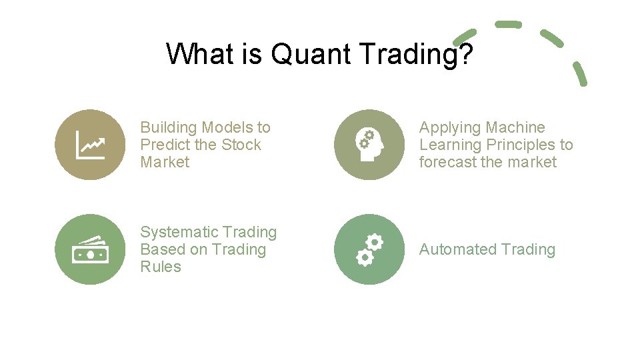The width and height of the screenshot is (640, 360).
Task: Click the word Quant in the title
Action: (x=309, y=54)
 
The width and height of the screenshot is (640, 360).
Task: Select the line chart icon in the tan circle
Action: (x=89, y=145)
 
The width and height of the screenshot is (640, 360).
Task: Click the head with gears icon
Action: (x=369, y=145)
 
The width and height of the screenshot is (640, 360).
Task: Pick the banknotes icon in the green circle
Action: (x=89, y=249)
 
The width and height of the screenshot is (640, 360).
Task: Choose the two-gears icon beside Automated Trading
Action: (x=369, y=249)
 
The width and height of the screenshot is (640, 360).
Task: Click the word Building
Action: (x=168, y=127)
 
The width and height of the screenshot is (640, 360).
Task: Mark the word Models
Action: (x=227, y=127)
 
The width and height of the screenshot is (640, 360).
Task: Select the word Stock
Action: (x=241, y=145)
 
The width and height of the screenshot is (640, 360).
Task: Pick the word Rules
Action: (x=161, y=267)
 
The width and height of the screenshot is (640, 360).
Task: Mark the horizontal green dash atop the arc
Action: (x=508, y=24)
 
